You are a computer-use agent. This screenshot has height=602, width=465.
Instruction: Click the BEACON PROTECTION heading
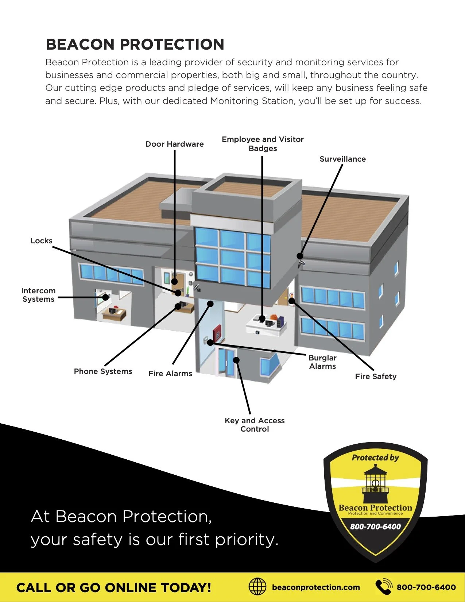135,45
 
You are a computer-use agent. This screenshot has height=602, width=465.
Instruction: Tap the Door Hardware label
174,144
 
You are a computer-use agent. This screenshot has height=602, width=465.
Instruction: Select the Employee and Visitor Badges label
263,144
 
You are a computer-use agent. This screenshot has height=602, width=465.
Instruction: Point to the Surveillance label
342,159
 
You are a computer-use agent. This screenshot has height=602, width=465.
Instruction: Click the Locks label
41,241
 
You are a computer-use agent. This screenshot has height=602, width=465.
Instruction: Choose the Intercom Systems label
38,295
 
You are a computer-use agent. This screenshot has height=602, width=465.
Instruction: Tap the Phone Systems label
103,371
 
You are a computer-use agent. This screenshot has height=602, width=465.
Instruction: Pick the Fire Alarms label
170,374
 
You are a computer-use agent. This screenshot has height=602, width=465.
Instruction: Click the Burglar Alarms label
322,362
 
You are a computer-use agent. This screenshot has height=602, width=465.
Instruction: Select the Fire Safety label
376,377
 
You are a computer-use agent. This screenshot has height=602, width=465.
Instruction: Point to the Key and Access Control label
255,425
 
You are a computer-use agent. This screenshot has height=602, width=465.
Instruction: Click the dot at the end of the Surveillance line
300,256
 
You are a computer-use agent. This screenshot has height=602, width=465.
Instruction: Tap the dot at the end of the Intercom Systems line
105,297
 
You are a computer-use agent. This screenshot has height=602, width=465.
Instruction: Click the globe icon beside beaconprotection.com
257,587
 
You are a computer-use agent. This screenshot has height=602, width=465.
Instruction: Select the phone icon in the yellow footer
384,587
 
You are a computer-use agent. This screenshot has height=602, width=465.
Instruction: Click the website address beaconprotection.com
316,587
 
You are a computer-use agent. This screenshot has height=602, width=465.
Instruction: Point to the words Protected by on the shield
375,458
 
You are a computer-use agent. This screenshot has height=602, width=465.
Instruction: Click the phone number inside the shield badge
375,526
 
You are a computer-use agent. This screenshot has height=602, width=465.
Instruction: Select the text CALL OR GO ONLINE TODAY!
114,588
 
